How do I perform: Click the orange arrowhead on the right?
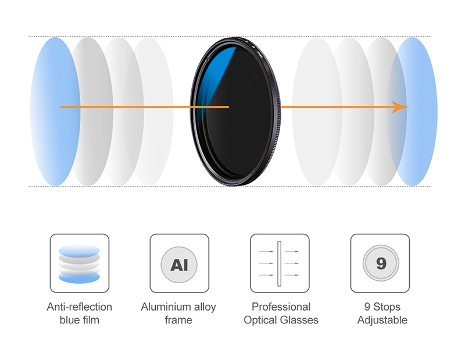(400, 107)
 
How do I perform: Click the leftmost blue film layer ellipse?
(55, 112)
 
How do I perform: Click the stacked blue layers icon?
(79, 263)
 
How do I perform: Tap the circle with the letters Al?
(179, 265)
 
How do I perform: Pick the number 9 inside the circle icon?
(381, 263)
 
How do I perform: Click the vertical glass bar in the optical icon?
(280, 263)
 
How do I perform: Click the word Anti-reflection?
(80, 307)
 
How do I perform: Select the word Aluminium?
(166, 307)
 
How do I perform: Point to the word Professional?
(281, 307)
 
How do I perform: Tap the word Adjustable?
(382, 320)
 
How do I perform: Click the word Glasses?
(299, 320)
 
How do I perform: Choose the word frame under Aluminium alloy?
(178, 320)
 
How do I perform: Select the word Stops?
(387, 307)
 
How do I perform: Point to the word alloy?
(205, 308)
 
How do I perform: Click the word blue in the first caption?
(70, 320)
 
